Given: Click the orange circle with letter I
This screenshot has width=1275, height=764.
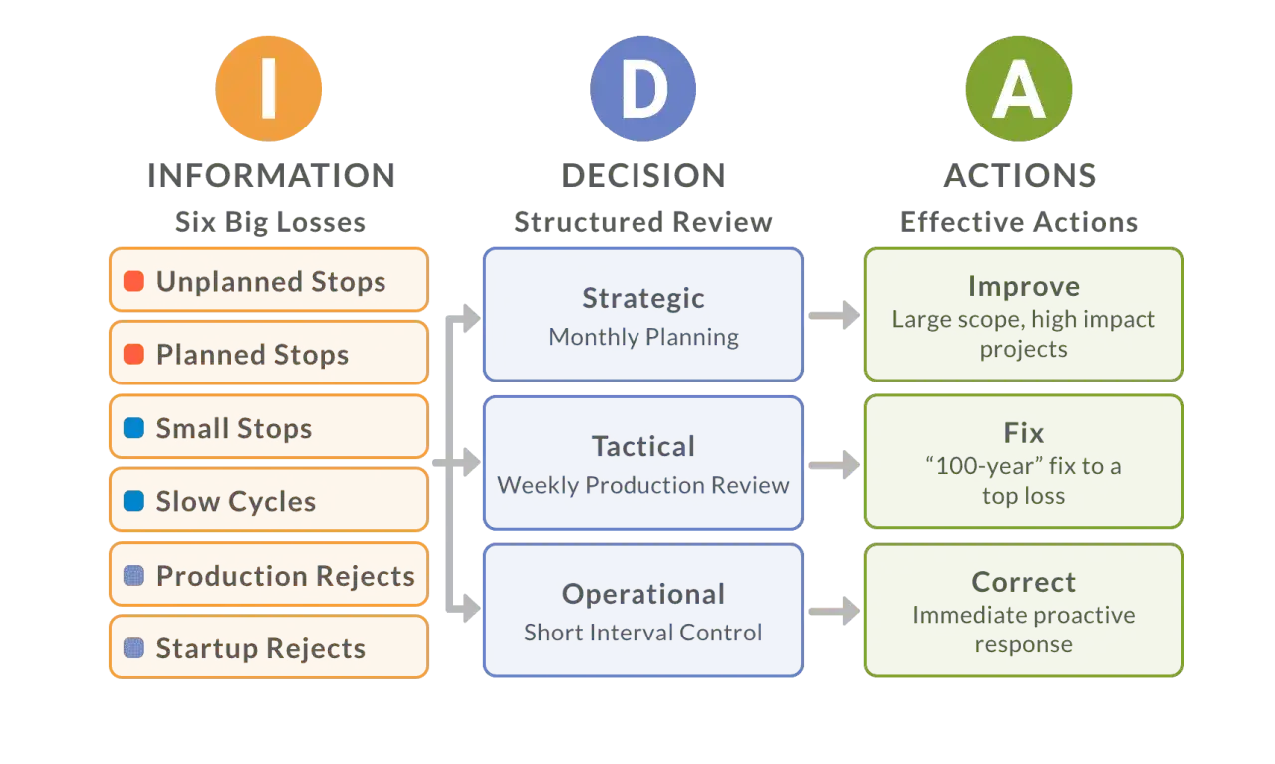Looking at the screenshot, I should pyautogui.click(x=269, y=88).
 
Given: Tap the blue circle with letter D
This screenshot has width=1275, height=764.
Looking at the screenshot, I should pyautogui.click(x=643, y=88).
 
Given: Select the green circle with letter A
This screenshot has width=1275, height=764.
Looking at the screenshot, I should pyautogui.click(x=1018, y=88).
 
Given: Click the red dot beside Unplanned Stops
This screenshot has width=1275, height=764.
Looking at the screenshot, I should pyautogui.click(x=133, y=281).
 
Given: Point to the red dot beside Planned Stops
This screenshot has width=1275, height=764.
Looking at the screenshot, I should pyautogui.click(x=133, y=354).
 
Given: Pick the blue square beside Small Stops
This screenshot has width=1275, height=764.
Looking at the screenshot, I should pyautogui.click(x=133, y=428).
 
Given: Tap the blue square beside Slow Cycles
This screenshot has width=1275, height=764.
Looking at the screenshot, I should pyautogui.click(x=133, y=501).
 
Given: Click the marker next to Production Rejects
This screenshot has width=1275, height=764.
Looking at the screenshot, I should pyautogui.click(x=133, y=575).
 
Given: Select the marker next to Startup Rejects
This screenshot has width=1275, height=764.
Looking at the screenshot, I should pyautogui.click(x=133, y=648).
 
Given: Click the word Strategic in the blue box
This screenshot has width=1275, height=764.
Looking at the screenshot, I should pyautogui.click(x=643, y=298).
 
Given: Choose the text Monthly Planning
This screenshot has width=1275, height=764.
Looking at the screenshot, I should pyautogui.click(x=643, y=337).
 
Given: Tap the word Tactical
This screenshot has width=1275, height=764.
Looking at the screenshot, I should pyautogui.click(x=643, y=445).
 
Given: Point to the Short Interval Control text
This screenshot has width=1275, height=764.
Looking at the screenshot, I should pyautogui.click(x=643, y=632).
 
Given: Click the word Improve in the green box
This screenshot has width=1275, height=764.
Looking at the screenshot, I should pyautogui.click(x=1024, y=286).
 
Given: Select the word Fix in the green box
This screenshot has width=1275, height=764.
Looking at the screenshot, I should pyautogui.click(x=1024, y=433).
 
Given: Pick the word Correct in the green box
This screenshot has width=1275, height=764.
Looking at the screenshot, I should pyautogui.click(x=1024, y=582).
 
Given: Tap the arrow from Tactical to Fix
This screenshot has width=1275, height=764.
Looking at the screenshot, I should pyautogui.click(x=833, y=463).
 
